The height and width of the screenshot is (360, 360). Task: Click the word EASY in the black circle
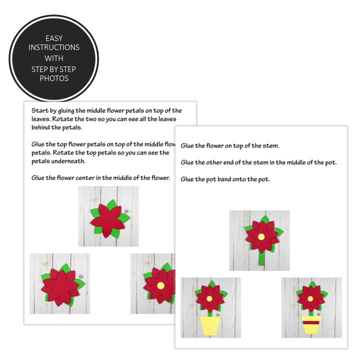[x=54, y=38]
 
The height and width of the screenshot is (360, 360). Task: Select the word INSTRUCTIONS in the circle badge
[x=54, y=47]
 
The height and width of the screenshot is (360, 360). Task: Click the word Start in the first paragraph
[x=39, y=110]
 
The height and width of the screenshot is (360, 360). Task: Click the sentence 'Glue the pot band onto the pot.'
[x=225, y=179]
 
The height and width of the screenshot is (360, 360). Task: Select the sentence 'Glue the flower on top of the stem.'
[x=230, y=145]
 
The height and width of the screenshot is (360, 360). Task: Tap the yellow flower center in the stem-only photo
[x=260, y=235]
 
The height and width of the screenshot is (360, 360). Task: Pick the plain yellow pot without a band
[x=210, y=325]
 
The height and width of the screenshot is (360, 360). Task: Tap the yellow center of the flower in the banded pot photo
[x=310, y=298]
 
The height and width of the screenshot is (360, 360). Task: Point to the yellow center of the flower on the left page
[x=160, y=285]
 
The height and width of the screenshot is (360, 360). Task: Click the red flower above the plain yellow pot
[x=210, y=298]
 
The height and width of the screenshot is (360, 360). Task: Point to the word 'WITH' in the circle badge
[x=54, y=58]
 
